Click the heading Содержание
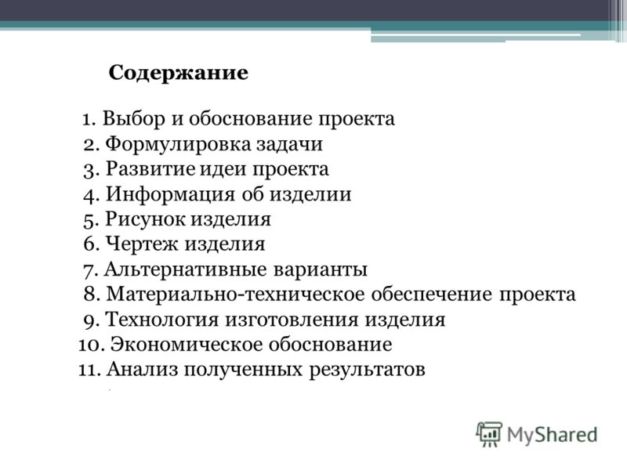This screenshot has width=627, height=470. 179,74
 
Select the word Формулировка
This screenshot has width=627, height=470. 178,145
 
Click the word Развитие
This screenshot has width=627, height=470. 150,168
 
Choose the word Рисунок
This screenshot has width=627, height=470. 146,219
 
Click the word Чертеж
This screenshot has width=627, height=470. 141,244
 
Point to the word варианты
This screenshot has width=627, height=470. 321,269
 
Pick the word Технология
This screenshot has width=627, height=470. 162,320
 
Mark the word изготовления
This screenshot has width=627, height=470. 292,320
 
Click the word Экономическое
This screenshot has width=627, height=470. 186,345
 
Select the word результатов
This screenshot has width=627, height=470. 367,370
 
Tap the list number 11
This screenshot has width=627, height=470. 89,370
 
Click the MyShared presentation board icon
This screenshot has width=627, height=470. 489,434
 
